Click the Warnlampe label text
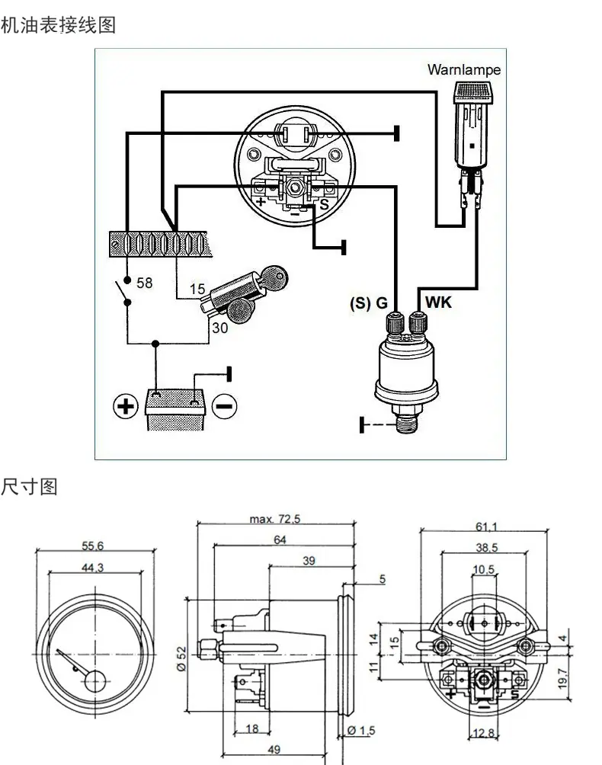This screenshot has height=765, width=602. click(x=464, y=70)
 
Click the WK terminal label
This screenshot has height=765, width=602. click(x=438, y=302)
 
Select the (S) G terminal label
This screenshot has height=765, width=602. click(x=369, y=303)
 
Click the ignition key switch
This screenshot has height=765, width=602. click(x=242, y=295)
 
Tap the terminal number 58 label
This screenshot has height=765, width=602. click(x=144, y=283)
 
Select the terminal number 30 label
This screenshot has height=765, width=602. click(x=220, y=328)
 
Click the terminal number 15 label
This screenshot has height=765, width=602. click(x=197, y=289)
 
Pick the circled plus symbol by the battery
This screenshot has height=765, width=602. click(x=126, y=406)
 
